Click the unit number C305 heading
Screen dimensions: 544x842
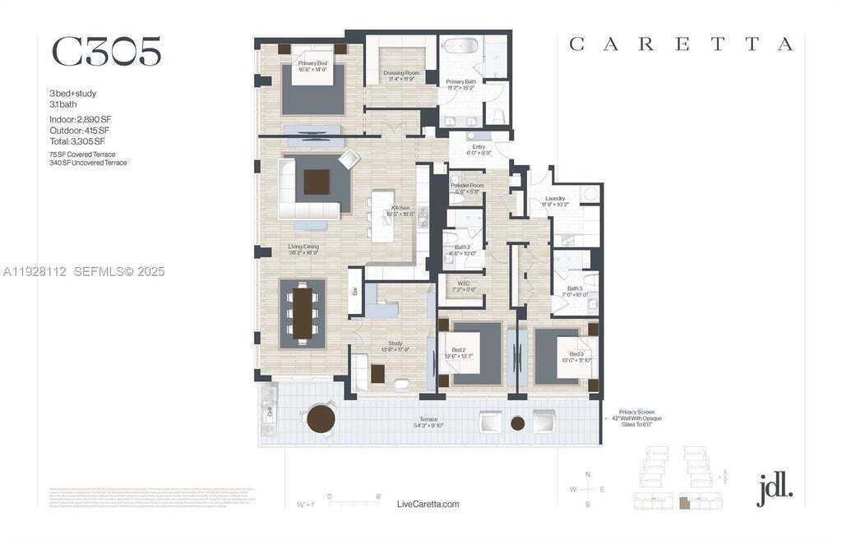[x=106, y=52]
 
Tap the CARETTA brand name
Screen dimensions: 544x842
[x=681, y=45]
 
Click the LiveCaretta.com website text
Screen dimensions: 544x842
[x=428, y=505]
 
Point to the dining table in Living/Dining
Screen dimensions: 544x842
[x=303, y=313]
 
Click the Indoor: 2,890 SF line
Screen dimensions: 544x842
[x=80, y=119]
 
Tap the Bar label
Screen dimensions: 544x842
[x=355, y=291]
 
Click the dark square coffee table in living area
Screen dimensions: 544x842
[x=316, y=182]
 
